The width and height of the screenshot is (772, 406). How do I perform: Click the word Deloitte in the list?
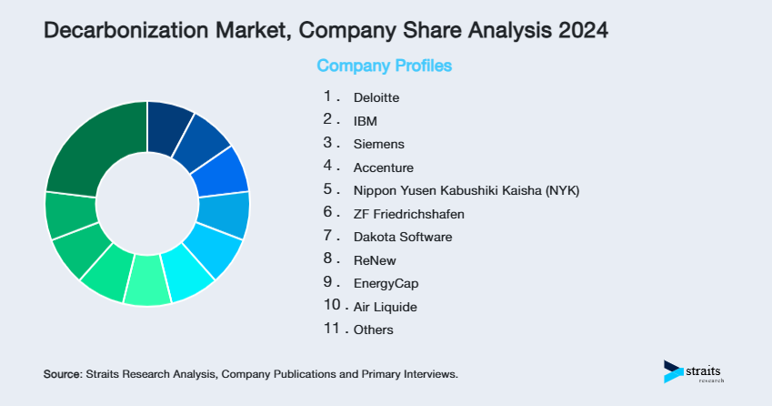pos(376,97)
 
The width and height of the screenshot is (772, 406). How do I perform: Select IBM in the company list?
pos(365,120)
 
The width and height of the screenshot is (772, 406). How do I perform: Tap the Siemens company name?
pos(379,144)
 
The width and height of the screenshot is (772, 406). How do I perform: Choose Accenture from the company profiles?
pos(383,167)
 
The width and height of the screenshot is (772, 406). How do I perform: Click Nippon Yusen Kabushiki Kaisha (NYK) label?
pos(466,190)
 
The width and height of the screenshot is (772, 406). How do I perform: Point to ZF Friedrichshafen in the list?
pos(409,214)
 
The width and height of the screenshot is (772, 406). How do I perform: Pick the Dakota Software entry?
pos(403,237)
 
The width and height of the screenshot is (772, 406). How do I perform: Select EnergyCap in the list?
pos(386,283)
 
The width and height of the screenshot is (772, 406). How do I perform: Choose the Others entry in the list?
pos(374,330)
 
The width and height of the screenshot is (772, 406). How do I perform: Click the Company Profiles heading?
pos(384,66)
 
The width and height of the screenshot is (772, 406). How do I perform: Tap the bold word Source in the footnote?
pos(63,374)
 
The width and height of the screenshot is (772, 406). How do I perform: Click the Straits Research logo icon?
pos(673,371)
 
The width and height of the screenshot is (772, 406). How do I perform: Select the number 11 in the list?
pos(330,329)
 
